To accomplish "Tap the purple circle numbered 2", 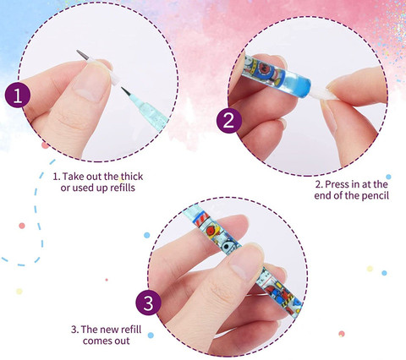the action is pyautogui.click(x=229, y=121).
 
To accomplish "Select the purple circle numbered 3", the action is pyautogui.click(x=148, y=303).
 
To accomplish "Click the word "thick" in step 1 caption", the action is pyautogui.click(x=132, y=177).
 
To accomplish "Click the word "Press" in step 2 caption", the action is pyautogui.click(x=337, y=184).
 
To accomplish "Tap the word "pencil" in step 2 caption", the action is pyautogui.click(x=376, y=196).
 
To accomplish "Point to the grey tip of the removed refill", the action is pyautogui.click(x=82, y=54).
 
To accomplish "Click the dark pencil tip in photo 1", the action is pyautogui.click(x=126, y=92).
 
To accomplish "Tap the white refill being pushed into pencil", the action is pyautogui.click(x=323, y=95).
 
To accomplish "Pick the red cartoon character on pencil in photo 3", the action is pyautogui.click(x=212, y=230).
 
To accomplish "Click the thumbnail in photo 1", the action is pyautogui.click(x=91, y=84).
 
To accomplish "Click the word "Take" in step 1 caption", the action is pyautogui.click(x=73, y=177).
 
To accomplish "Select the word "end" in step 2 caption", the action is pyautogui.click(x=323, y=196).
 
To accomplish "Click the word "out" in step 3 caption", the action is pyautogui.click(x=122, y=341).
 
